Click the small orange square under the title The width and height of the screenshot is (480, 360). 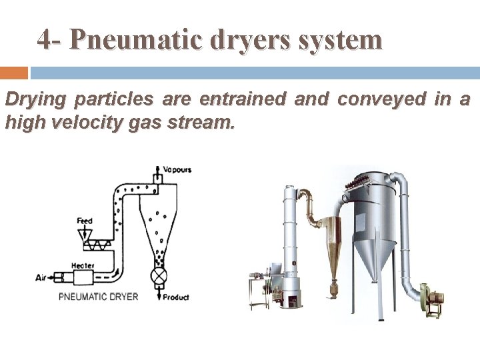coord(14,73)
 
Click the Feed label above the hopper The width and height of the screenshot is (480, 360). coord(84,220)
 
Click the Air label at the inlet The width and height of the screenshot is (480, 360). coord(42,277)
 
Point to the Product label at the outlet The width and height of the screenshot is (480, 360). coord(176,297)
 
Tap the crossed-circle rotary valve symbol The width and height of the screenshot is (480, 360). coord(159,276)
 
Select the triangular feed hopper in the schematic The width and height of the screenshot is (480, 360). coord(84,233)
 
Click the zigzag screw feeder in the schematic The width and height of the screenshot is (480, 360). coord(99,246)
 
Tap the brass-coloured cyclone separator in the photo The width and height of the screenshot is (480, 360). coord(331,247)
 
